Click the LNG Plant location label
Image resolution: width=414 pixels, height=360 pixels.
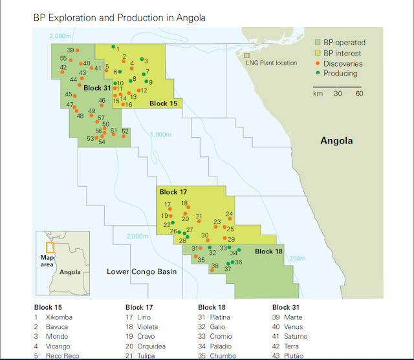click(272, 63)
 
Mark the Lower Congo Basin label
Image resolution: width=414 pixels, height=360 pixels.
click(142, 272)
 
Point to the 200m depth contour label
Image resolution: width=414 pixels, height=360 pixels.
click(298, 259)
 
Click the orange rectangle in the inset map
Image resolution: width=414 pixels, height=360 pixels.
click(50, 247)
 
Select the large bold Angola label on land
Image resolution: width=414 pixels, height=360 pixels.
click(336, 140)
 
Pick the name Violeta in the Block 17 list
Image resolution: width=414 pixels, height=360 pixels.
click(151, 327)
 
